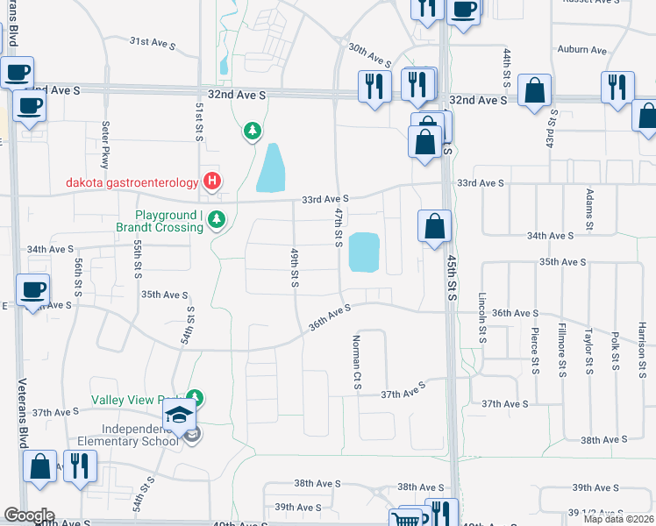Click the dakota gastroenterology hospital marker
[x=211, y=182]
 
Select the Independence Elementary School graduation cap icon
[x=179, y=414]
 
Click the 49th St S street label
[x=296, y=267]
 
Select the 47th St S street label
[x=338, y=226]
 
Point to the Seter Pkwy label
[x=105, y=146]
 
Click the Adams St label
[x=590, y=207]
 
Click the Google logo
[x=28, y=515]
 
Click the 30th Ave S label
[x=369, y=54]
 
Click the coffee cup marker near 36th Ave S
[x=33, y=288]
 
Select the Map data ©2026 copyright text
[x=617, y=519]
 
